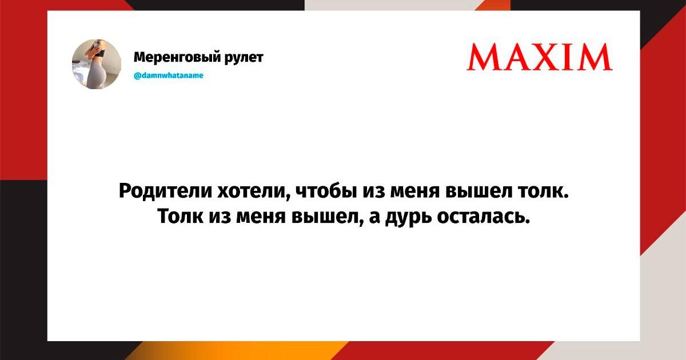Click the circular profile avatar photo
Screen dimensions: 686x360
(97, 64)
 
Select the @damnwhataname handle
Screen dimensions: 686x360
(169, 75)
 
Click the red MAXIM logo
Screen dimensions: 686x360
(540, 57)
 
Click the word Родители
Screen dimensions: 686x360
(165, 191)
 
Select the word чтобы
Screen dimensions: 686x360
(327, 191)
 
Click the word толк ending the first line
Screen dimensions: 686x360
(543, 192)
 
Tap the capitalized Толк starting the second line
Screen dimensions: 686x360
(181, 217)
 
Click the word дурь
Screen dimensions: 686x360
(409, 219)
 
